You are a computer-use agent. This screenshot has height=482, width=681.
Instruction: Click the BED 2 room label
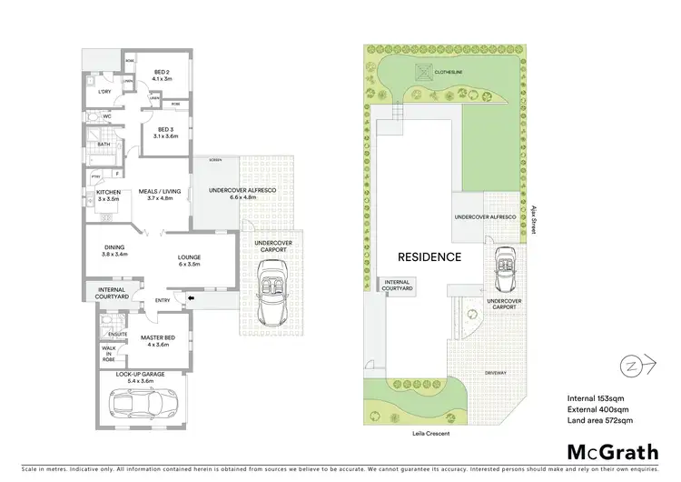161,75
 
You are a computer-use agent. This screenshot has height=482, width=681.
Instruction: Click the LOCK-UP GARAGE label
139,374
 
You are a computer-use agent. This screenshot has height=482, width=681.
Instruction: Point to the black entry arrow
189,297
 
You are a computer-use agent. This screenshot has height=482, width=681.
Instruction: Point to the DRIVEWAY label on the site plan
495,372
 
